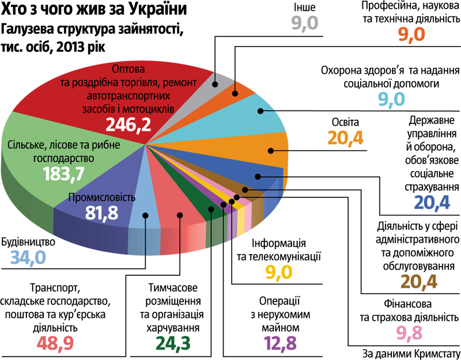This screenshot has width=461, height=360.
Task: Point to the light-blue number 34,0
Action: [x=24, y=257]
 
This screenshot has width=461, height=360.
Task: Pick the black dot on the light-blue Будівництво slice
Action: [x=146, y=217]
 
